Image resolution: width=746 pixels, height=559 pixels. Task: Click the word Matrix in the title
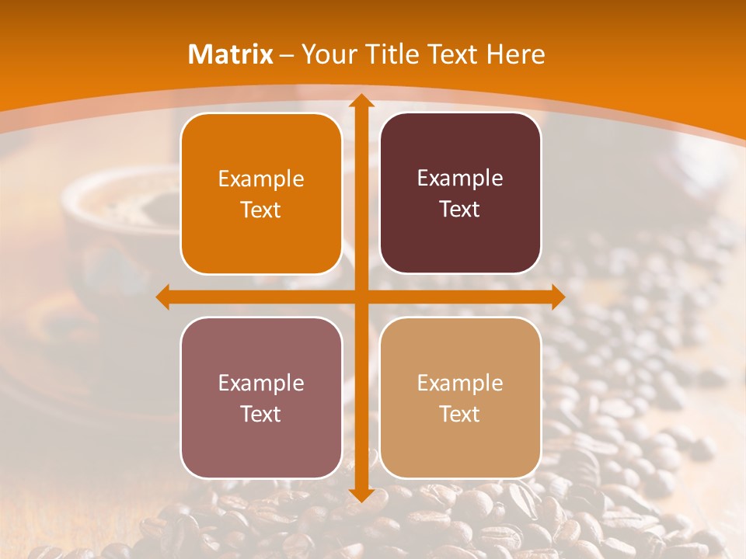[231, 54]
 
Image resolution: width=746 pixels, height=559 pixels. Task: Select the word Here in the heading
[515, 54]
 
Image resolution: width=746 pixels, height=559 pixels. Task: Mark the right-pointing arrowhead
[557, 297]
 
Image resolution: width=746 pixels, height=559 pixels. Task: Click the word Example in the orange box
[261, 179]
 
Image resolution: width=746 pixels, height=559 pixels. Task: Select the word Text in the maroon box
[460, 210]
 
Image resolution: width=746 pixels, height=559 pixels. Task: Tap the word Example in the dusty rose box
[261, 384]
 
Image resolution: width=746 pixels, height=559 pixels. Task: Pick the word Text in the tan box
[460, 414]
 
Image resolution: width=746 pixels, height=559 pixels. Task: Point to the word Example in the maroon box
[460, 179]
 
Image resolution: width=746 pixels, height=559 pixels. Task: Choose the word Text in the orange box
[261, 210]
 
